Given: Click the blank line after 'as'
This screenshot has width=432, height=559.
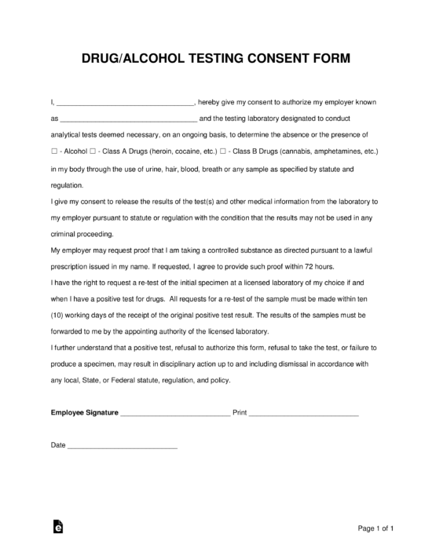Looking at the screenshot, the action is (128, 119).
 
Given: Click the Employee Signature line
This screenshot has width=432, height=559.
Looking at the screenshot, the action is (175, 412).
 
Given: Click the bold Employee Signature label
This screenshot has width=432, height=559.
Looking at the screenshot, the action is (84, 411).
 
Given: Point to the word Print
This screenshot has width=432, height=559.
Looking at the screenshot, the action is (240, 411).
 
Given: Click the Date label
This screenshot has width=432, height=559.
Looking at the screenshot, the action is (58, 444).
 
